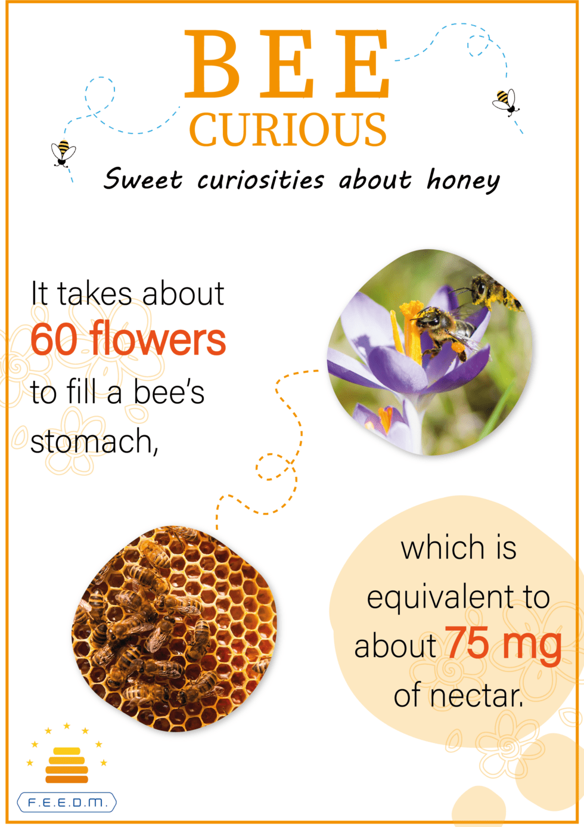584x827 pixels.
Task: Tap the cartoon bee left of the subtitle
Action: point(63,153)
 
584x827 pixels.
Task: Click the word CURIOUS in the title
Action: point(288,129)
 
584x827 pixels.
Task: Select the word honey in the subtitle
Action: point(463,181)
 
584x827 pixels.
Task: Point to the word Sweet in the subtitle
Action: point(143,179)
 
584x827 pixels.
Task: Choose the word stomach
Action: point(94,442)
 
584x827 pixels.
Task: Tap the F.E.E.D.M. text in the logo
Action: point(67,803)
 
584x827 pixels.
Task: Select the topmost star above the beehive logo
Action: point(67,726)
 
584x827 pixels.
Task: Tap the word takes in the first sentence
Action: point(95,293)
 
